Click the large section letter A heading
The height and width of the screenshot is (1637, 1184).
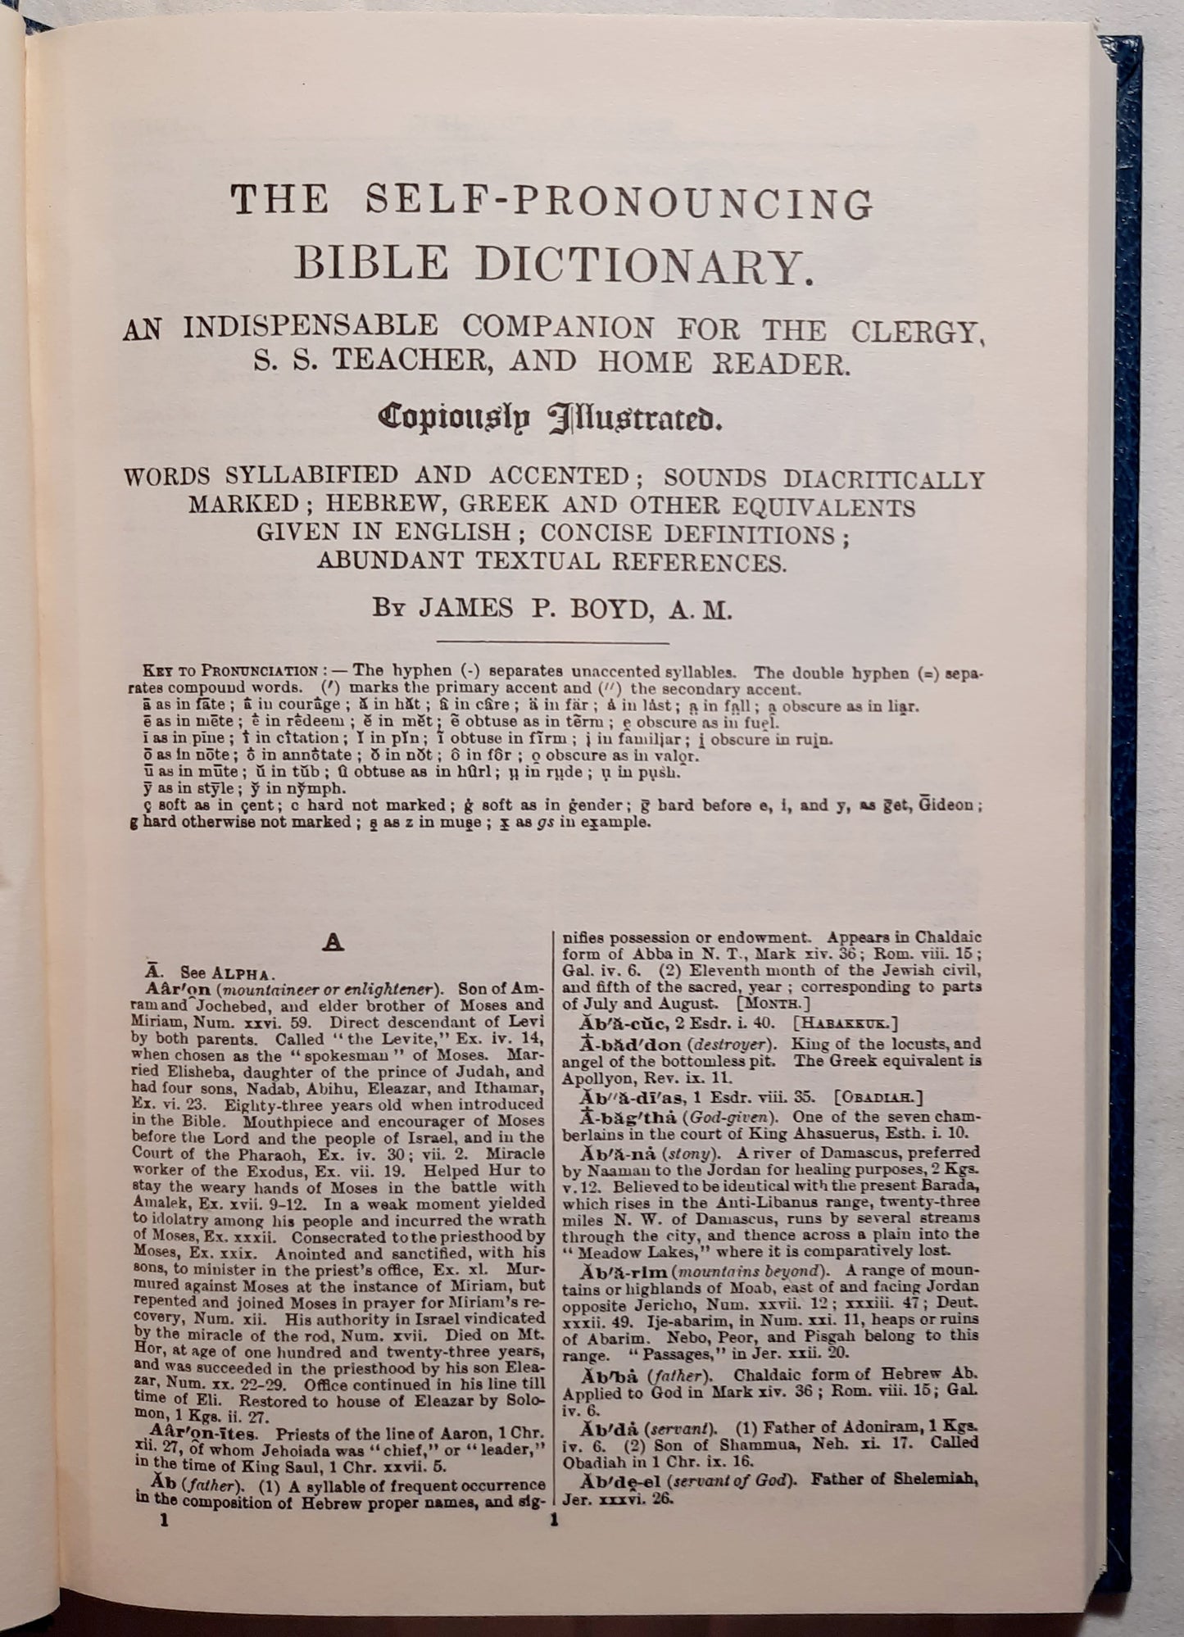click(x=331, y=944)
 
